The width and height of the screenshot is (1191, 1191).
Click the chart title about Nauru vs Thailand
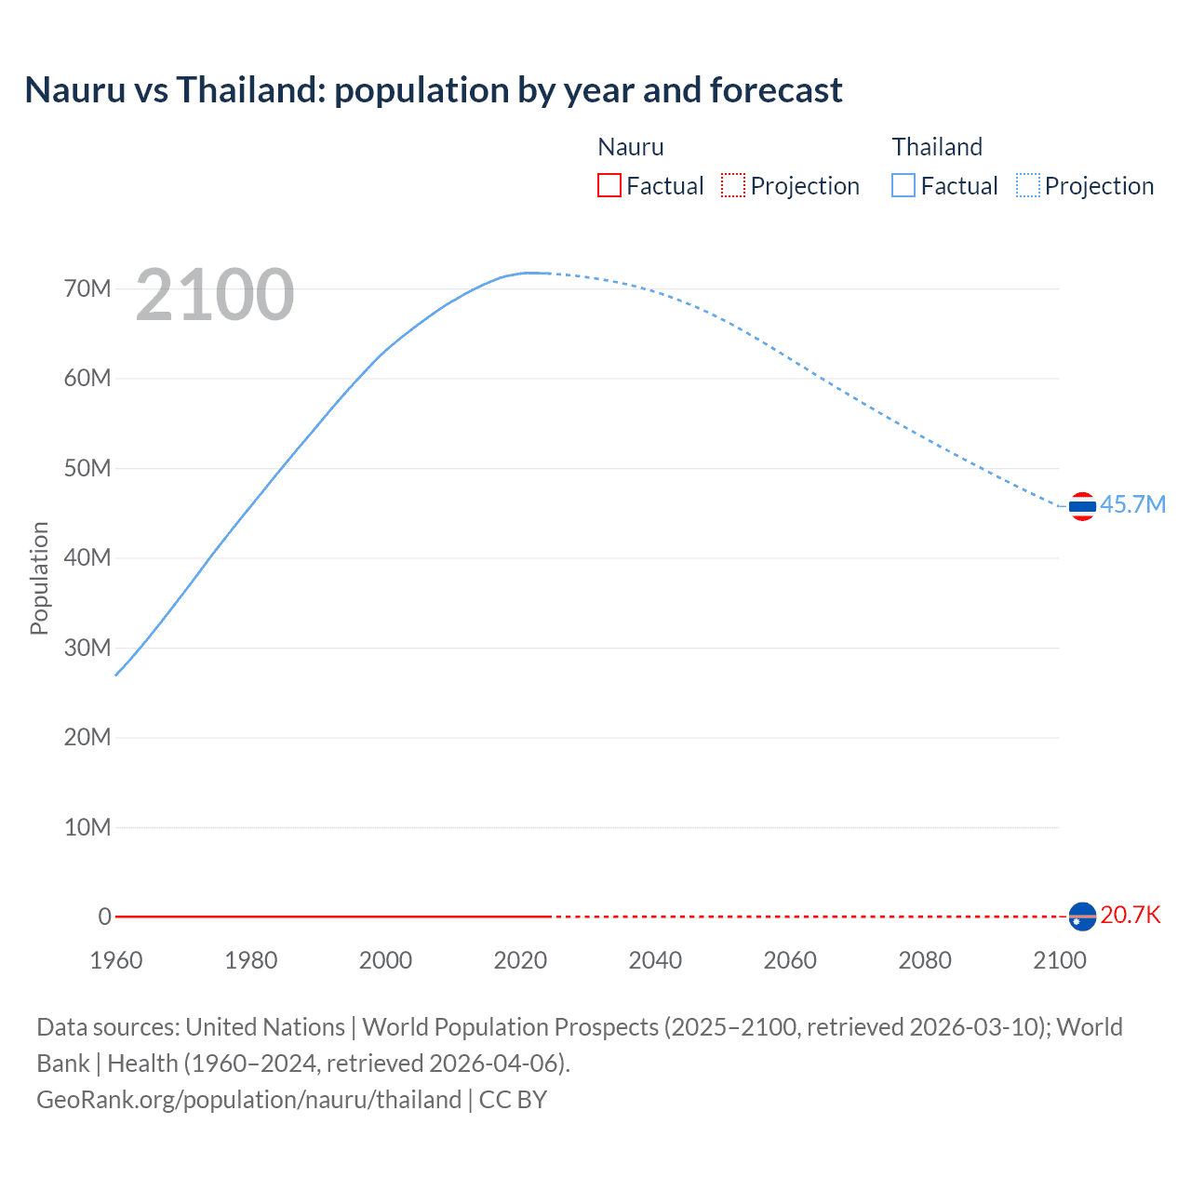[x=433, y=90]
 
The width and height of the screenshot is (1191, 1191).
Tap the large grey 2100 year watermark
[x=215, y=295]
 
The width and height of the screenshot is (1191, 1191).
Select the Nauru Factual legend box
[x=609, y=185]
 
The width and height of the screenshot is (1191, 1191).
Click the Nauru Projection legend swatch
[x=733, y=185]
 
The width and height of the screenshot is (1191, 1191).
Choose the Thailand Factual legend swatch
[x=903, y=185]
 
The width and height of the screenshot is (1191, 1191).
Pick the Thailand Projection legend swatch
[x=1028, y=185]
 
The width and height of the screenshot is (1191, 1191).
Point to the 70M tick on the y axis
[x=87, y=288]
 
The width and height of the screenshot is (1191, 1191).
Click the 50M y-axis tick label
[x=87, y=468]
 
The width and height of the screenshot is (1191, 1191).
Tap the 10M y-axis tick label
[x=87, y=827]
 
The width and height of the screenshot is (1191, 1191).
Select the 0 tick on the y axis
[x=104, y=917]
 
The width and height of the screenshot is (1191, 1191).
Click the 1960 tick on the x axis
[x=116, y=960]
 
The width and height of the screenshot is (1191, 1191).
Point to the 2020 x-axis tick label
[x=520, y=960]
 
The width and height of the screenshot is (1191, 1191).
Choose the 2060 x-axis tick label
[x=790, y=960]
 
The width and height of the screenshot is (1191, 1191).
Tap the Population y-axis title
[x=39, y=578]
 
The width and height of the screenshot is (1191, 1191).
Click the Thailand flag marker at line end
[x=1082, y=506]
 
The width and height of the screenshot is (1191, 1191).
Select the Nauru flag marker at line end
[x=1082, y=917]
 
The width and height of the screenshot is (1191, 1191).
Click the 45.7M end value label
[x=1132, y=504]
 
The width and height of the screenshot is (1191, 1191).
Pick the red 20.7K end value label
[x=1131, y=915]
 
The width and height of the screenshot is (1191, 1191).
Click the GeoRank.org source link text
[x=248, y=1099]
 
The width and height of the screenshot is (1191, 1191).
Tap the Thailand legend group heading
[x=937, y=147]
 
